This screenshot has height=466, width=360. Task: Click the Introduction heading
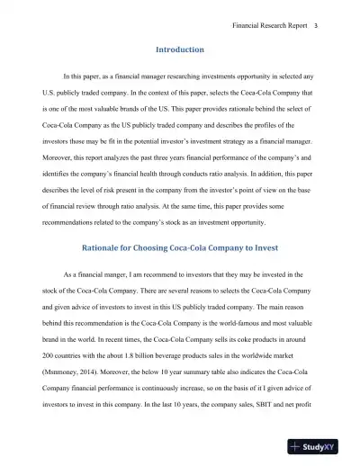180,49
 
